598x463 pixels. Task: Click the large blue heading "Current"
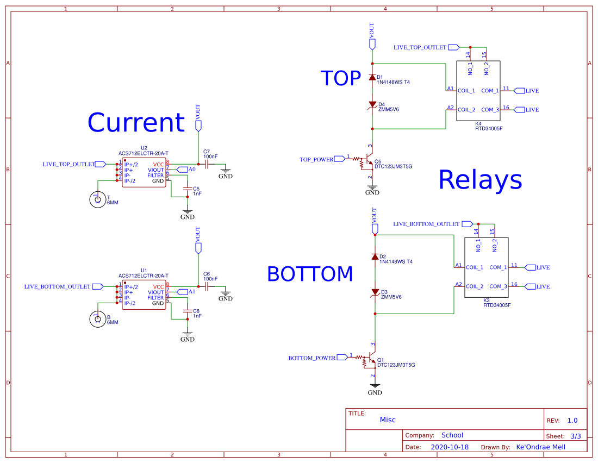point(136,123)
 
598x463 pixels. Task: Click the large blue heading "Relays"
point(479,180)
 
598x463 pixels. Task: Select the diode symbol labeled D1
point(372,78)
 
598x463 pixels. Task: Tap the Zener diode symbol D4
point(372,104)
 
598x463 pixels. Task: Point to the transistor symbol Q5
point(368,161)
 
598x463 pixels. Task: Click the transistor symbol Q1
point(371,360)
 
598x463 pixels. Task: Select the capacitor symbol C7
point(207,164)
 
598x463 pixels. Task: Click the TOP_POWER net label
point(317,160)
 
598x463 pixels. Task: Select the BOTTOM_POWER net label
point(312,358)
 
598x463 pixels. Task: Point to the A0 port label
point(191,170)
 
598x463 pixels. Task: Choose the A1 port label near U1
point(191,292)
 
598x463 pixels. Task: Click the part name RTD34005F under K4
point(489,129)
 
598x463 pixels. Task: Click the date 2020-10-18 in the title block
point(449,447)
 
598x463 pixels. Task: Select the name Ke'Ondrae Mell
point(540,447)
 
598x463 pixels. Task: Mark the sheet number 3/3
point(575,436)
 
